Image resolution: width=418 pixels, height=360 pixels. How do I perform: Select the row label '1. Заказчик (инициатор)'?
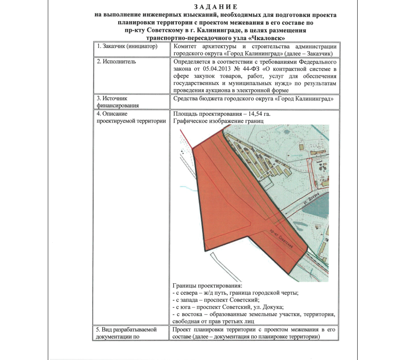tap(127, 46)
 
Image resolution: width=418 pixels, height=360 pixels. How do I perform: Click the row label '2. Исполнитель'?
tap(116, 62)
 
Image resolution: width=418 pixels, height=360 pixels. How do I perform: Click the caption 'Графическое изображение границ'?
tap(217, 121)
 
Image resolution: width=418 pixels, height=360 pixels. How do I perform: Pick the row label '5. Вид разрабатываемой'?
tap(127, 330)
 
